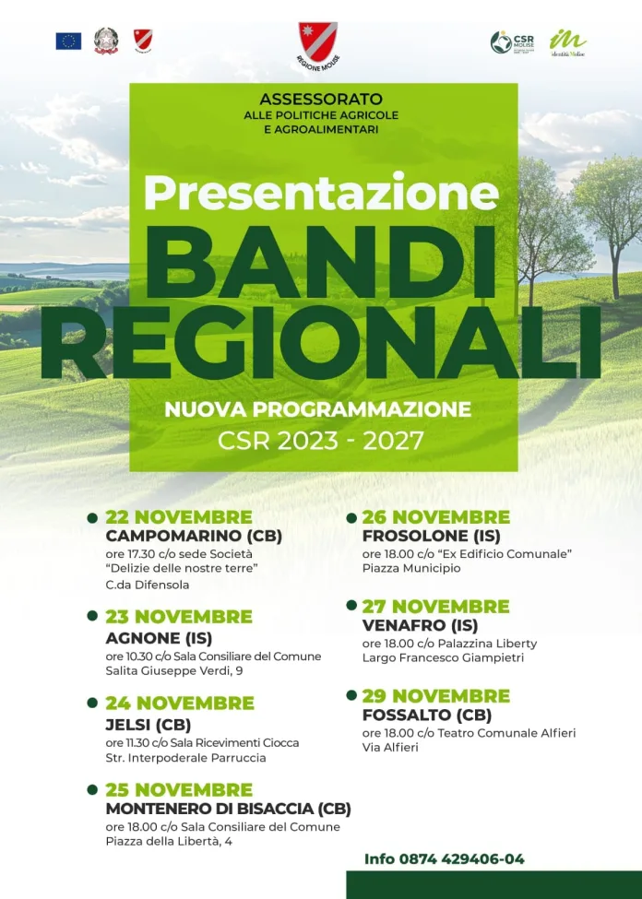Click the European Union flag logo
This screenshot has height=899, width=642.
[x=68, y=41]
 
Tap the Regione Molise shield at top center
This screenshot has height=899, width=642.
[x=317, y=40]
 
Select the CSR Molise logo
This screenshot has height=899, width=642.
[x=513, y=41]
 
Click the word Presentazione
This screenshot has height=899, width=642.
[x=320, y=192]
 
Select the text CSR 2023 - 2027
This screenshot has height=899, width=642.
[x=320, y=440]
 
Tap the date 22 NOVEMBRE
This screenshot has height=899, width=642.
[x=179, y=516]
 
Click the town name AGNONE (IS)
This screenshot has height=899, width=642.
[x=159, y=637]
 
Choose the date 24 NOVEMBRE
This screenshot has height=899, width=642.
[x=180, y=704]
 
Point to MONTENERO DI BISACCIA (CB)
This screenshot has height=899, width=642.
[x=228, y=809]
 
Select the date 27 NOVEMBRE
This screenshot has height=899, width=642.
[x=435, y=606]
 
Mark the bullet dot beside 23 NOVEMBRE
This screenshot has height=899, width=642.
[x=92, y=616]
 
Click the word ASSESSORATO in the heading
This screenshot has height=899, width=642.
[x=320, y=99]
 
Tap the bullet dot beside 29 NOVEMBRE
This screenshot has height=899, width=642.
[x=351, y=695]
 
